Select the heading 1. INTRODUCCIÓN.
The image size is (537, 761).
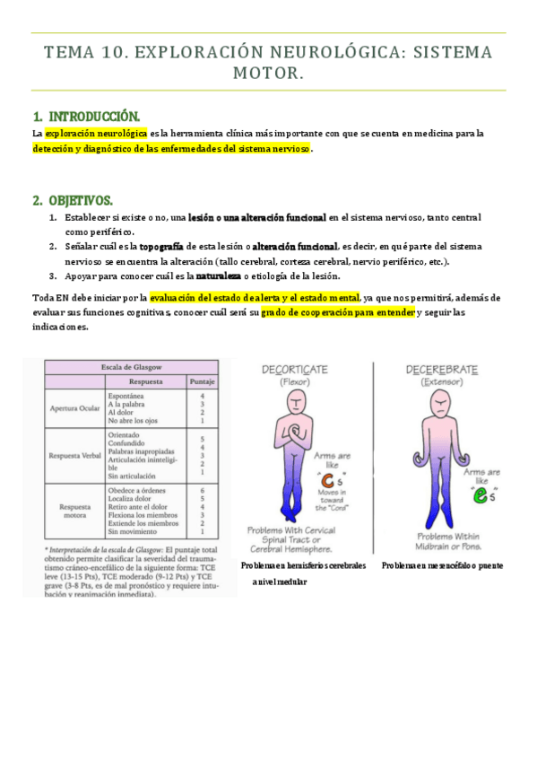tap(86, 117)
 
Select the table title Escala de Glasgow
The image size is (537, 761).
tap(121, 367)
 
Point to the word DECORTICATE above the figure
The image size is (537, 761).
tap(295, 370)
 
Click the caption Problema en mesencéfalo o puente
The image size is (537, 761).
tap(441, 566)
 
